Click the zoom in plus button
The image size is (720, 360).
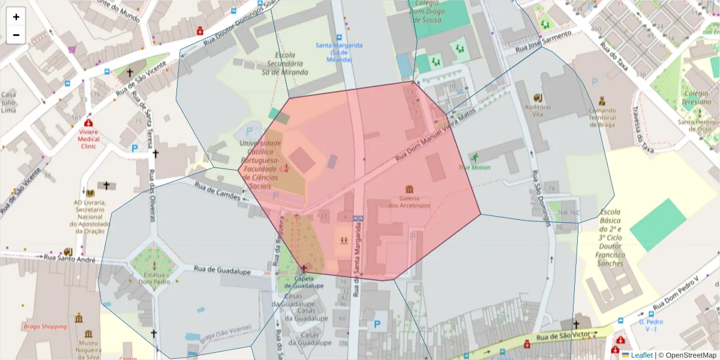[16, 17]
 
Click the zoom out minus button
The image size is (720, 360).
[16, 35]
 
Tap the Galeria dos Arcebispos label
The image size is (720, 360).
[409, 202]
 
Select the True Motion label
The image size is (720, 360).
[474, 167]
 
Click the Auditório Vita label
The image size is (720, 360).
[538, 110]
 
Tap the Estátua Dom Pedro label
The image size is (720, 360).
[154, 277]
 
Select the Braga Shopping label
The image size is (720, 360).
[45, 326]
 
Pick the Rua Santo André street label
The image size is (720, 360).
[70, 259]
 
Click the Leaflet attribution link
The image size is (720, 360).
[641, 355]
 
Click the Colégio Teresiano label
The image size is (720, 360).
[695, 97]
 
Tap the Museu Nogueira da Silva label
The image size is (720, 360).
[88, 348]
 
